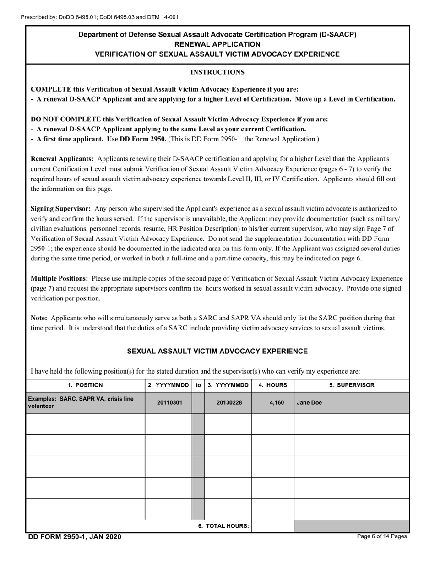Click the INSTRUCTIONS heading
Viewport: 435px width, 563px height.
click(x=217, y=72)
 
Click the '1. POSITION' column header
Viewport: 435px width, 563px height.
click(x=85, y=385)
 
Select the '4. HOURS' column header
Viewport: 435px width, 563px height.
click(x=273, y=385)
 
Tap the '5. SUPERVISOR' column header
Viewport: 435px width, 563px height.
click(x=352, y=385)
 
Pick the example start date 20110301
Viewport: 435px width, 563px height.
click(x=169, y=403)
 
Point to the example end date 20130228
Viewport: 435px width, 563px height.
click(x=228, y=403)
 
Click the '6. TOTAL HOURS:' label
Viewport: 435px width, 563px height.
click(x=223, y=526)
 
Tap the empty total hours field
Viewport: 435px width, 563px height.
click(x=273, y=526)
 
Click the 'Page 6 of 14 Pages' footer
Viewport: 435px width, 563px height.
click(x=382, y=536)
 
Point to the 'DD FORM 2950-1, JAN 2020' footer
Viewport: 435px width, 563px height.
click(x=75, y=537)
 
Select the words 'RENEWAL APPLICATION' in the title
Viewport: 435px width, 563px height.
click(x=217, y=44)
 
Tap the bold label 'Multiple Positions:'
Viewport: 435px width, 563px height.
click(x=60, y=278)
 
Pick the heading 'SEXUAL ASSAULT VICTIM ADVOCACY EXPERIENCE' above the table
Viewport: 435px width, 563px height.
click(x=217, y=352)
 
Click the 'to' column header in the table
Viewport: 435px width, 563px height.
click(x=198, y=385)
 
